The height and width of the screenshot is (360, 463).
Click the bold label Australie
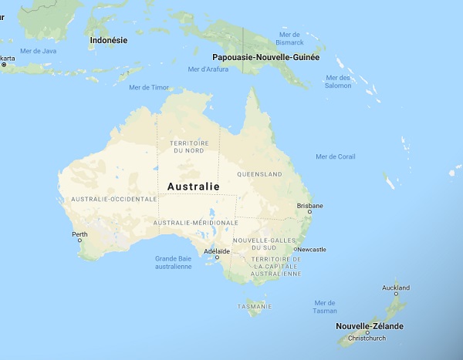(x=193, y=187)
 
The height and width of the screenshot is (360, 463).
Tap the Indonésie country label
(x=109, y=39)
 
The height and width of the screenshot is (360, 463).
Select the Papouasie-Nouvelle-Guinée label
(x=265, y=57)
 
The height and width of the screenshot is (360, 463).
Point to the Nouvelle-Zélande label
(x=369, y=326)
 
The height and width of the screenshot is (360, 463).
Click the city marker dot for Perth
(x=79, y=240)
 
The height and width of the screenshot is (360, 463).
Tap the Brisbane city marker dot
(x=310, y=212)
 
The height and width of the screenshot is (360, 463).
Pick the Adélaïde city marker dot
(x=217, y=257)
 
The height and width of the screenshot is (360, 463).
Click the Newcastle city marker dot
(x=296, y=250)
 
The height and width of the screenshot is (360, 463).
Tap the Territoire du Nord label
(x=188, y=146)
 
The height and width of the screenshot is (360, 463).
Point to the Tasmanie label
(x=254, y=306)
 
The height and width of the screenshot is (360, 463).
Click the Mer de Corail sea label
(x=336, y=156)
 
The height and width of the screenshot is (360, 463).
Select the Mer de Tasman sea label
(x=326, y=306)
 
